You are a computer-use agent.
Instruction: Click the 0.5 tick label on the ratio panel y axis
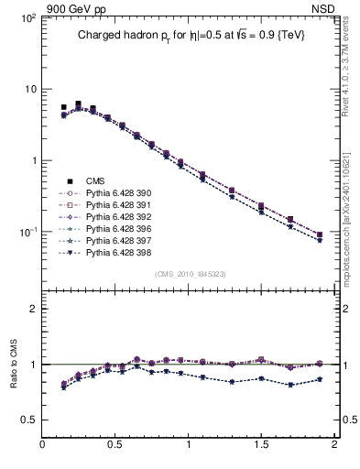pyautogui.click(x=27, y=420)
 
